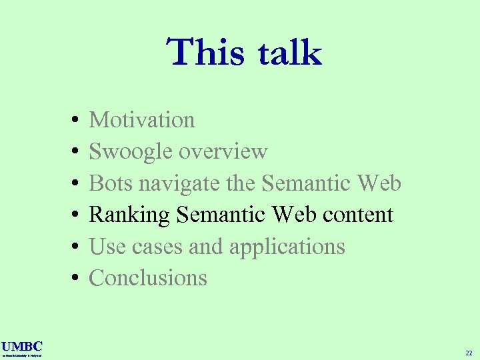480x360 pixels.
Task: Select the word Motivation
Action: pyautogui.click(x=142, y=120)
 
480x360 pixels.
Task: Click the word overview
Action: pyautogui.click(x=223, y=152)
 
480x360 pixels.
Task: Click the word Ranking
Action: pyautogui.click(x=130, y=215)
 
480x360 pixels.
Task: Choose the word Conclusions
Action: pyautogui.click(x=148, y=278)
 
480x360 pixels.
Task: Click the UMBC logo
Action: pyautogui.click(x=22, y=347)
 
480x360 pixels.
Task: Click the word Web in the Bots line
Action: pyautogui.click(x=379, y=183)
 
